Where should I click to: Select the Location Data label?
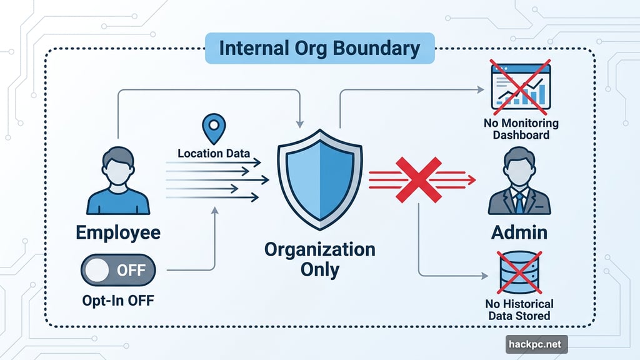pos(214,153)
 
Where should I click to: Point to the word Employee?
pos(118,233)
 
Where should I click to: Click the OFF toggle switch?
pos(118,270)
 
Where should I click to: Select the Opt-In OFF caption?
pos(118,300)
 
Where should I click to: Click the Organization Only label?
pos(319,259)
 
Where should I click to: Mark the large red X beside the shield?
pos(421,179)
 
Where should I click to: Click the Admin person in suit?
pos(519,182)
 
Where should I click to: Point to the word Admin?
pos(519,232)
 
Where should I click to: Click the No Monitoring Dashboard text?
pos(521,129)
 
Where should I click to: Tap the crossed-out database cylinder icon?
pos(519,272)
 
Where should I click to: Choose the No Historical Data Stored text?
pos(520,309)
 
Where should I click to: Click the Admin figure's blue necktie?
pos(519,202)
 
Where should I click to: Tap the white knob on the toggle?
pos(97,270)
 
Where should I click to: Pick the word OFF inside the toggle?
pos(131,270)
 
